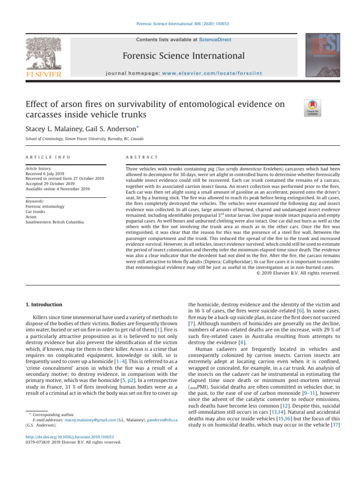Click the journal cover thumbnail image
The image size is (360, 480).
324,55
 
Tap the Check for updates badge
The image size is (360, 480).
313,107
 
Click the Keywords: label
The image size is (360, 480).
36,201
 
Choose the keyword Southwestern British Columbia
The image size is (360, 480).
55,222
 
